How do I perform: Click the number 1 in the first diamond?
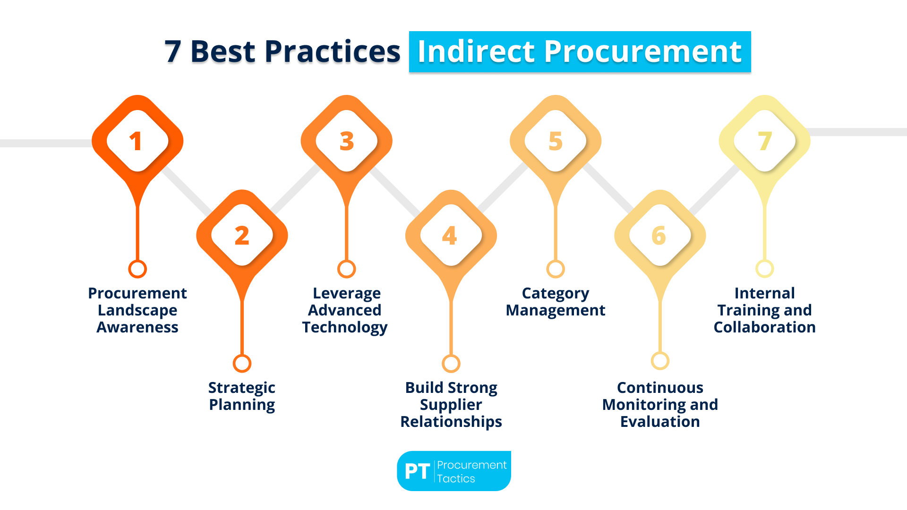(x=137, y=141)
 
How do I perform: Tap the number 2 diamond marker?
(x=242, y=236)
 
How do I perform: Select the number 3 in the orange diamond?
(x=347, y=141)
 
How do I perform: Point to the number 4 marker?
(x=450, y=236)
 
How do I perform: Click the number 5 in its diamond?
(x=556, y=141)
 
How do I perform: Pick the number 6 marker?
(x=659, y=236)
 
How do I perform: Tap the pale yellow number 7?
(x=764, y=141)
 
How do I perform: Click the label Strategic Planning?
(x=242, y=396)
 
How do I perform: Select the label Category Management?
(x=556, y=302)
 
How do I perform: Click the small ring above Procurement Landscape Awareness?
(x=137, y=269)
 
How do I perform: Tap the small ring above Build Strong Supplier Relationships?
(x=451, y=364)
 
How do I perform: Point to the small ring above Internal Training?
(x=764, y=269)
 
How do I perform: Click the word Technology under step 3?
(x=345, y=327)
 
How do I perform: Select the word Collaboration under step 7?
(x=764, y=327)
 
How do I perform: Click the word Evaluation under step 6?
(x=660, y=422)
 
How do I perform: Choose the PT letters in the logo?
(x=417, y=472)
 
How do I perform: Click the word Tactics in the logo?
(x=456, y=479)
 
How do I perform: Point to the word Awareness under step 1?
(x=137, y=327)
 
